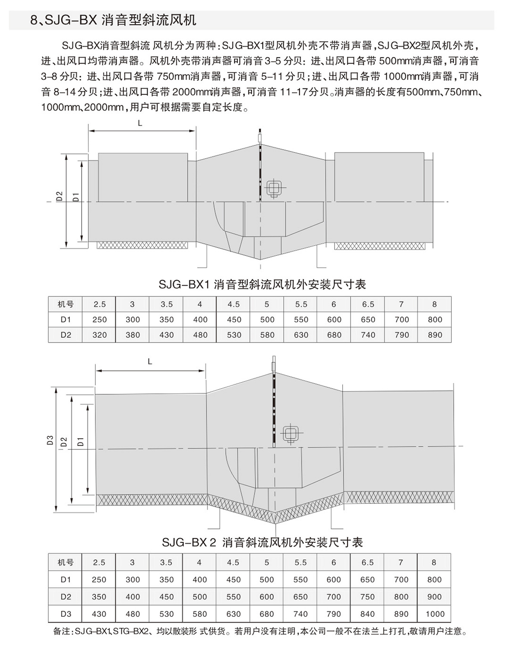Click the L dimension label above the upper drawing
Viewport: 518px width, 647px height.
tap(140, 123)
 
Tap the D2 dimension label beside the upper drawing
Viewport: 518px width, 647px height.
tap(60, 196)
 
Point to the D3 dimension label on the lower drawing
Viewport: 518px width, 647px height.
tap(50, 440)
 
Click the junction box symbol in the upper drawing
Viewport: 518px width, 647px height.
tap(273, 188)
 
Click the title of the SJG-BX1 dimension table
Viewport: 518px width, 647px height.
tap(262, 284)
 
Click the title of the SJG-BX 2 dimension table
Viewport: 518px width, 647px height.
tap(262, 542)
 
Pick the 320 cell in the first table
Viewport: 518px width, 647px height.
tap(99, 335)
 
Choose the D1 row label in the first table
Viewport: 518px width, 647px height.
tap(66, 320)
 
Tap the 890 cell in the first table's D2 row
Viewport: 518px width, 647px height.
tap(435, 335)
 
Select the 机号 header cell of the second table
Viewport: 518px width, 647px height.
tap(66, 562)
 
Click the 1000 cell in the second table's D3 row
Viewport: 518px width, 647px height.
tap(434, 614)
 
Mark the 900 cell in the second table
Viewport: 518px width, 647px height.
tap(434, 597)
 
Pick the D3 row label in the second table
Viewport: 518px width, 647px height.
tap(66, 614)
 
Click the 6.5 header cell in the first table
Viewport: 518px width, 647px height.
tap(368, 304)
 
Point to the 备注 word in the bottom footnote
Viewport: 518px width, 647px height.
tap(61, 632)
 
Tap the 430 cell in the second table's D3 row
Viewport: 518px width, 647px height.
tap(99, 614)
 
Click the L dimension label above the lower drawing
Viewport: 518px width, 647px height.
tap(150, 361)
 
